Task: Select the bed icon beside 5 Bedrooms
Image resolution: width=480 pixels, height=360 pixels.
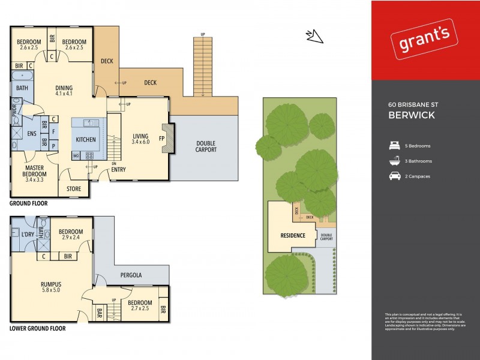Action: click(x=394, y=146)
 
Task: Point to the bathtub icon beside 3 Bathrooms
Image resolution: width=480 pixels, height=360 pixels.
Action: click(x=394, y=161)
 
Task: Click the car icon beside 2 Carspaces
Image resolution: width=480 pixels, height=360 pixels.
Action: click(x=394, y=176)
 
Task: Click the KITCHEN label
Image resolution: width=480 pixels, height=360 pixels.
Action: click(x=86, y=139)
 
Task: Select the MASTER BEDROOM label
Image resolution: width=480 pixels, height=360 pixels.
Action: click(x=34, y=172)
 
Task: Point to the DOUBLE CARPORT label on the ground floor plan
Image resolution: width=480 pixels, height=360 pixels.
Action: click(x=205, y=146)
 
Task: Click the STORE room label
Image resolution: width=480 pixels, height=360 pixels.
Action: click(x=73, y=189)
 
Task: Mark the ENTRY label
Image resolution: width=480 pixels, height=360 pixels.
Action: click(x=118, y=170)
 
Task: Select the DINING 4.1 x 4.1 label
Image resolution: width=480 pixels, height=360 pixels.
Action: click(x=64, y=90)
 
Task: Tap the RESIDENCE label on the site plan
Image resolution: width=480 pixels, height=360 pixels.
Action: click(x=293, y=235)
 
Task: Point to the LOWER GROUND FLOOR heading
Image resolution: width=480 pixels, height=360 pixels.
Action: click(x=37, y=328)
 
